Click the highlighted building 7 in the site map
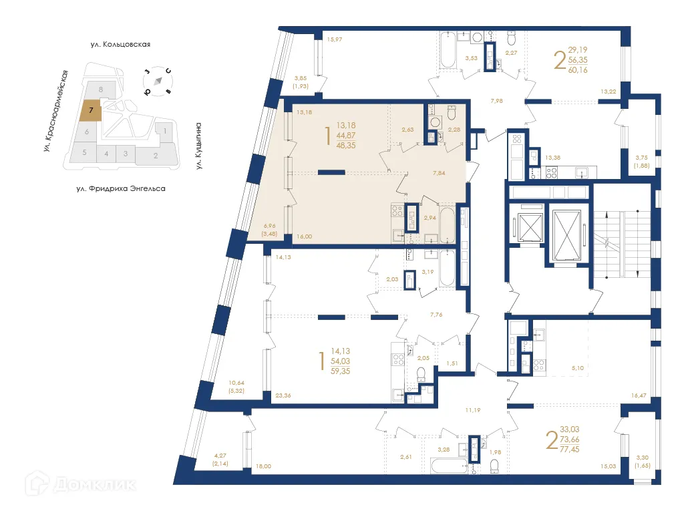[91, 110]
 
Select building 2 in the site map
[155, 156]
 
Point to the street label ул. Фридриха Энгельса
[121, 189]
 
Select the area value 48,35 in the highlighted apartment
[346, 144]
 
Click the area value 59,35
[341, 371]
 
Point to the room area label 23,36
[283, 395]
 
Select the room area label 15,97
[334, 39]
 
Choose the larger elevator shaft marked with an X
[568, 231]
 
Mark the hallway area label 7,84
[439, 172]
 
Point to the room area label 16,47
[639, 396]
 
